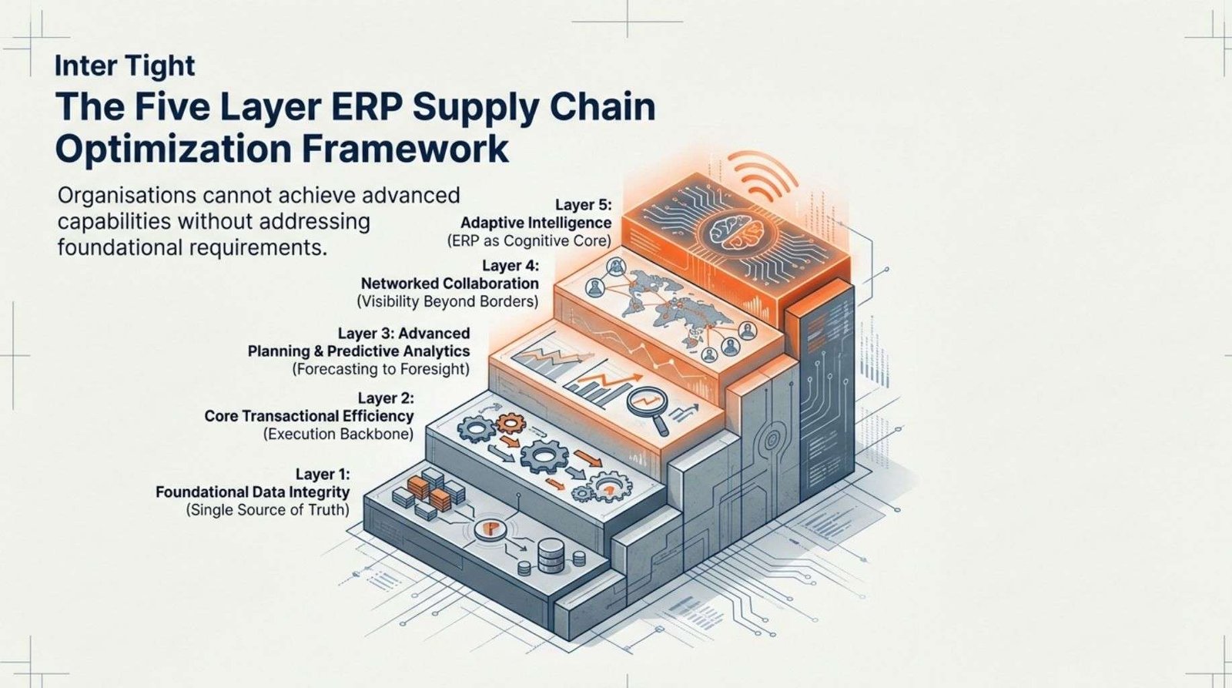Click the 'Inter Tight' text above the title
125,65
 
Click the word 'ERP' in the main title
357,107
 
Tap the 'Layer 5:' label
583,205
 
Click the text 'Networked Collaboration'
450,284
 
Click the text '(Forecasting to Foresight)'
380,369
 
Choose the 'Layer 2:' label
386,398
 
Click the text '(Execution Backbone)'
338,435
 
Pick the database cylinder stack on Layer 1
550,553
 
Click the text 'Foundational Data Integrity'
253,492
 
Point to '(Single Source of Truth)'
267,510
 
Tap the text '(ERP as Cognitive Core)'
529,241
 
